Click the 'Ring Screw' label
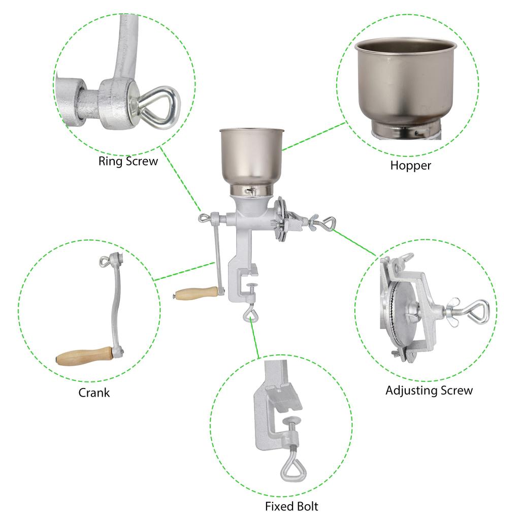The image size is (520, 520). point(128,161)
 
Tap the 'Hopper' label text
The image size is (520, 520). point(410,165)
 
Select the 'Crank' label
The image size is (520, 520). point(94,393)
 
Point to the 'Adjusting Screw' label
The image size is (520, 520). point(429,391)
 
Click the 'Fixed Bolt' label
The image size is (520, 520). point(291,506)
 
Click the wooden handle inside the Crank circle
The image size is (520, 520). point(84,355)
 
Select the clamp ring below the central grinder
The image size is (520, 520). point(250,315)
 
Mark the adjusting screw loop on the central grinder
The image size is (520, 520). point(328,222)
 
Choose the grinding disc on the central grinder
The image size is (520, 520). point(280,220)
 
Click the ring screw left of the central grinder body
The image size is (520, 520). point(205,218)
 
